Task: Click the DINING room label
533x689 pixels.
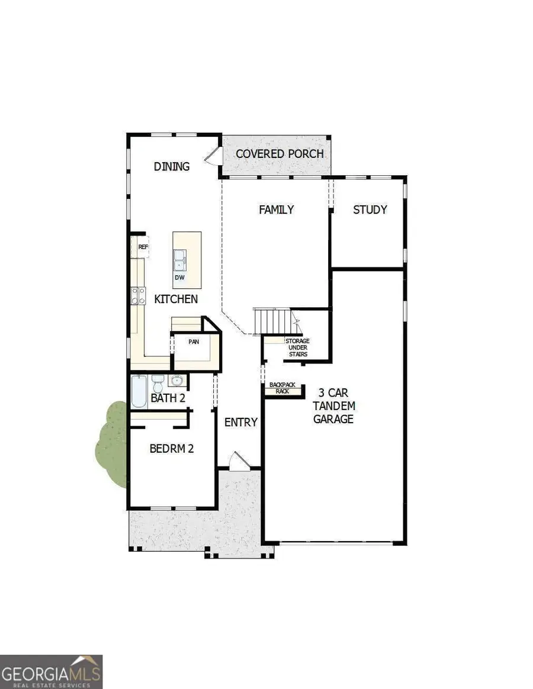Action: [172, 166]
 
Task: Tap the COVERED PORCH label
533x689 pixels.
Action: [280, 154]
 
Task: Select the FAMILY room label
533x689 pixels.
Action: [277, 210]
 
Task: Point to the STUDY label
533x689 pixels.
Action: [370, 210]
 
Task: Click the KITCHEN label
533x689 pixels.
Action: [176, 299]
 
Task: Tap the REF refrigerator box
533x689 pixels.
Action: [142, 247]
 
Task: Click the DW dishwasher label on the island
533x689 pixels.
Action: [179, 276]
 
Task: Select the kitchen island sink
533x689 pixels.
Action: [180, 258]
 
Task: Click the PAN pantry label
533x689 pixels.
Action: [194, 342]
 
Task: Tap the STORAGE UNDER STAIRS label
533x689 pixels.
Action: [297, 348]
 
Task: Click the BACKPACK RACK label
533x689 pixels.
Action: [282, 388]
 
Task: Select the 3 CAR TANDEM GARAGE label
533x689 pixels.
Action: [336, 405]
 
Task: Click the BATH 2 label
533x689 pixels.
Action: [168, 398]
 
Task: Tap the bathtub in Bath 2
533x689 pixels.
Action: [138, 391]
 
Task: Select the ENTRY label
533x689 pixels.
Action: [241, 422]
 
